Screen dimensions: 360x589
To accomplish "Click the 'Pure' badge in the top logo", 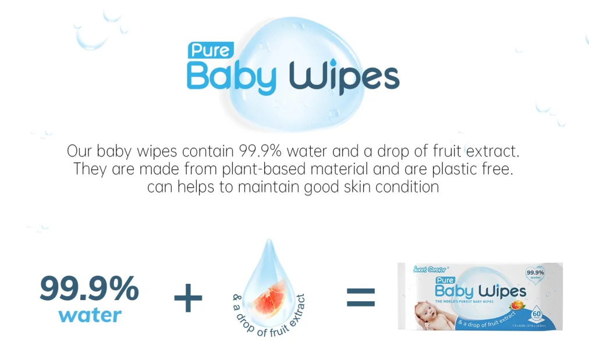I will click(x=210, y=51).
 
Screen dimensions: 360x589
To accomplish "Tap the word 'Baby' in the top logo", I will click(x=231, y=77).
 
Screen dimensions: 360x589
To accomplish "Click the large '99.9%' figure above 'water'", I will click(x=89, y=288).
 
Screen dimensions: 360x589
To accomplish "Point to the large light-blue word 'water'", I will click(x=90, y=315).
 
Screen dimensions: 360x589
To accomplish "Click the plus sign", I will click(x=188, y=299).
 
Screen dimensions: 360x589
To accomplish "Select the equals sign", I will click(x=361, y=298).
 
